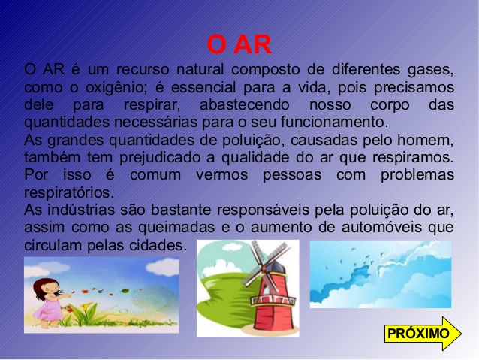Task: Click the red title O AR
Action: [x=239, y=44]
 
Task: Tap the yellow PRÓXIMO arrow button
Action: [x=423, y=334]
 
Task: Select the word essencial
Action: [x=203, y=87]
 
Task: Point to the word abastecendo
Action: [x=245, y=105]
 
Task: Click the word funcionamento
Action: [x=334, y=122]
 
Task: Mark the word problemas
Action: [x=417, y=175]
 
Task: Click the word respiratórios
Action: [x=69, y=193]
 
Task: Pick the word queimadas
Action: [x=176, y=228]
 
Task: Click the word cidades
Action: [x=158, y=245]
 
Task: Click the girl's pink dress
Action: [x=49, y=308]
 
